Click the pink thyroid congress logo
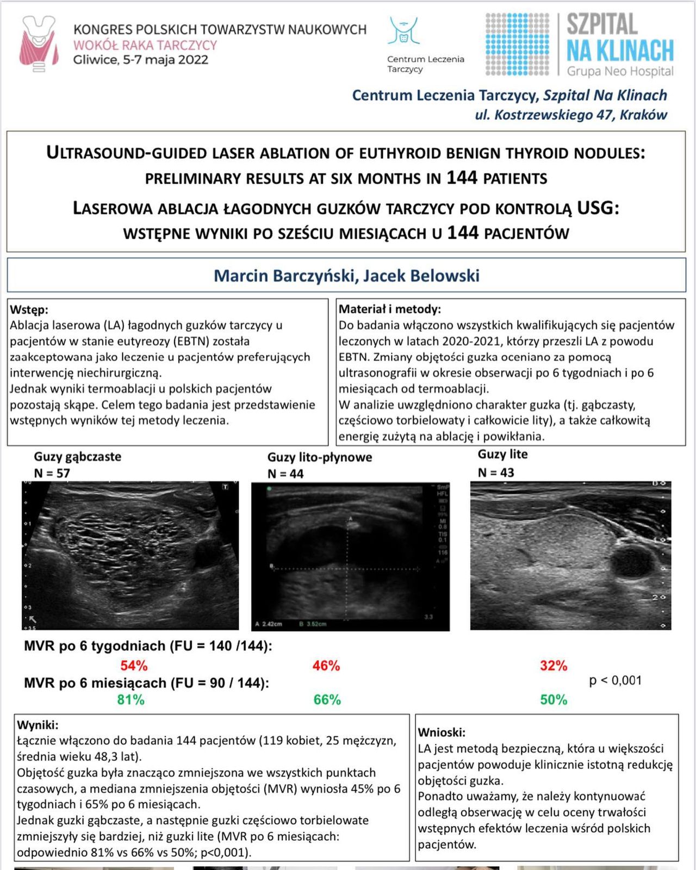39,43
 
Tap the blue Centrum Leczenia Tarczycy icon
403,31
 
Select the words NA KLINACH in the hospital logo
620,51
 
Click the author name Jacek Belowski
421,276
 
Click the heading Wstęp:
29,309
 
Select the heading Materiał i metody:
389,309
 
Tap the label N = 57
52,473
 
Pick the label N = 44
285,474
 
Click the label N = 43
496,473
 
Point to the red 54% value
134,666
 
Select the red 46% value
326,666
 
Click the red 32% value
554,666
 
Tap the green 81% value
131,700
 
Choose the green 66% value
327,700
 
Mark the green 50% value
554,700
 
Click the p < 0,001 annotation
616,680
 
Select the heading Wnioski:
442,732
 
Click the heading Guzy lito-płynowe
320,457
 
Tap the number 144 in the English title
462,178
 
